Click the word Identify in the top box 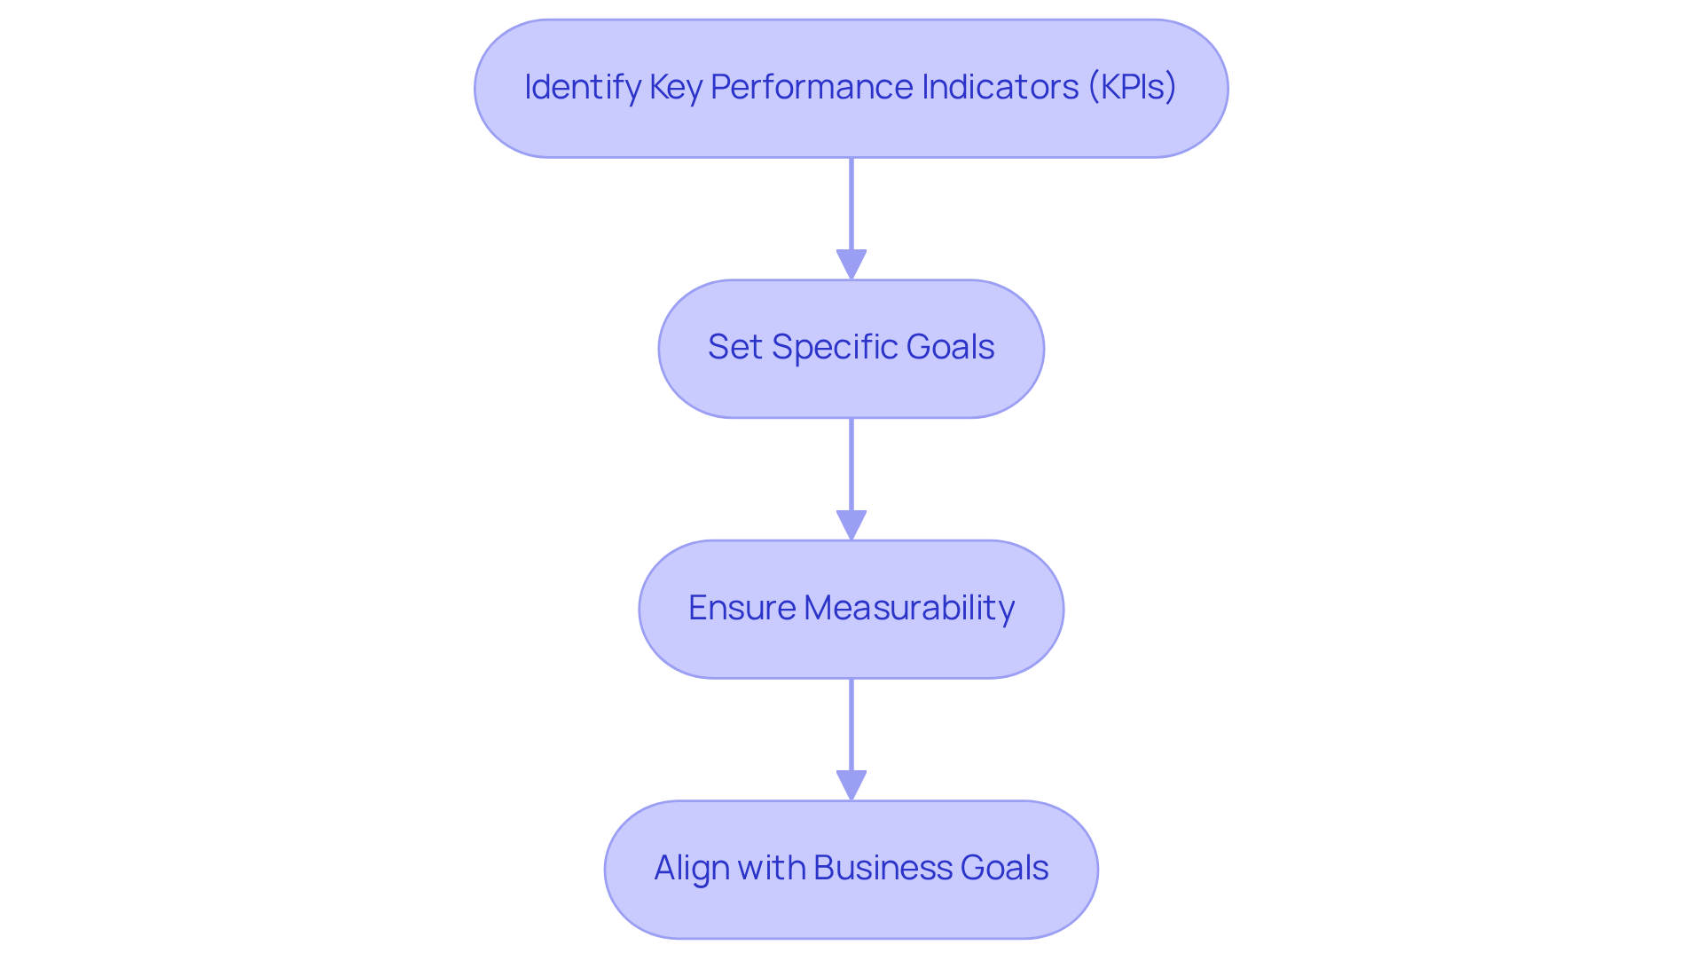pyautogui.click(x=582, y=87)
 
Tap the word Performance pyautogui.click(x=811, y=87)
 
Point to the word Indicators pyautogui.click(x=1000, y=87)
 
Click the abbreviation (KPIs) pyautogui.click(x=1132, y=87)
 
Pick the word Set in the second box pyautogui.click(x=734, y=347)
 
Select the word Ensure pyautogui.click(x=742, y=608)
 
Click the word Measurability pyautogui.click(x=909, y=608)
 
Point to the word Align pyautogui.click(x=691, y=868)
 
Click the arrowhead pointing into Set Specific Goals pyautogui.click(x=851, y=264)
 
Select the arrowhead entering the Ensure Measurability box pyautogui.click(x=851, y=525)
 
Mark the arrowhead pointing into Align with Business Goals pyautogui.click(x=851, y=785)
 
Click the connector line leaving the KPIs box pyautogui.click(x=851, y=204)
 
